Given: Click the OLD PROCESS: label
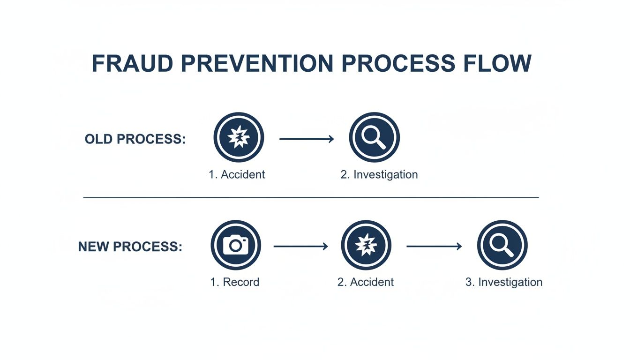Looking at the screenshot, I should (x=135, y=139).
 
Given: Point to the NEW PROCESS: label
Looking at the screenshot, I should (x=130, y=247).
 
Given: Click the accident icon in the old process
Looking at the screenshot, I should (x=239, y=137).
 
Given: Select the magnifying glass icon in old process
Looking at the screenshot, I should (x=374, y=137).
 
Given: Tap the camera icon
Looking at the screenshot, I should (x=235, y=245).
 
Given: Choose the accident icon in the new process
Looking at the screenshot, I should (x=366, y=245).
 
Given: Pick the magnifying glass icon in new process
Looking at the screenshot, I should (x=502, y=245).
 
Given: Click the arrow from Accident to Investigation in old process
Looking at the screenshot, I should (x=307, y=139).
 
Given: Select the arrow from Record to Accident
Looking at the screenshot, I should (x=300, y=246).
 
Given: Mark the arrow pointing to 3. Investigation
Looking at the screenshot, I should (x=434, y=246).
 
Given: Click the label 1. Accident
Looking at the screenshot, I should (x=237, y=175).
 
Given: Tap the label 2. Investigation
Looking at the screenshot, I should (x=379, y=175).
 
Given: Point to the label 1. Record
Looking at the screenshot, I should (x=235, y=282).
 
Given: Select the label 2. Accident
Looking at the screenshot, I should (x=366, y=282).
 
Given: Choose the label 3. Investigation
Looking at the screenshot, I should (x=503, y=282).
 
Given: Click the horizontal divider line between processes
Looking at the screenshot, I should (x=311, y=198).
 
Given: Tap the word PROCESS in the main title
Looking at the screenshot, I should (x=398, y=63).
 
